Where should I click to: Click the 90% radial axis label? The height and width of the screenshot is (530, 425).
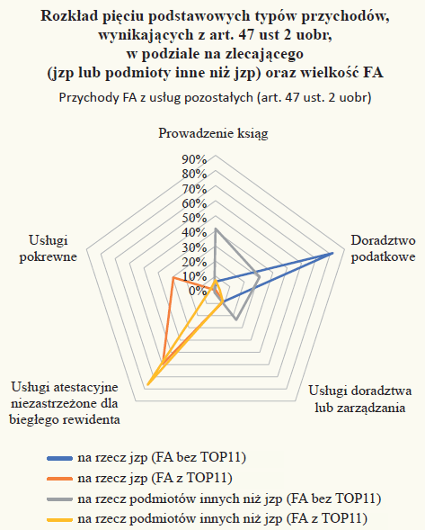click(194, 159)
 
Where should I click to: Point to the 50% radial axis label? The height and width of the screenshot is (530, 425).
click(194, 218)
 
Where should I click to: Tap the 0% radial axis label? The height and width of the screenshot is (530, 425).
click(197, 291)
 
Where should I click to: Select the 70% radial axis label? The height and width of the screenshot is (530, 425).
click(194, 189)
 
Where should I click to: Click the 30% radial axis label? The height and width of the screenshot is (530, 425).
click(194, 247)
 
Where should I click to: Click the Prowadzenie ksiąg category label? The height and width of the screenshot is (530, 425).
click(213, 134)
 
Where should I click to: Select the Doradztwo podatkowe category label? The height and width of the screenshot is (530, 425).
click(383, 248)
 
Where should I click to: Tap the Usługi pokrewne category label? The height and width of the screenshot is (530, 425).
click(49, 248)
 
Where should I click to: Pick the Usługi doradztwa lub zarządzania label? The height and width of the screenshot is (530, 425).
click(360, 400)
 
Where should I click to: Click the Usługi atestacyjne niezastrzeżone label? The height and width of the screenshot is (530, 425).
click(65, 403)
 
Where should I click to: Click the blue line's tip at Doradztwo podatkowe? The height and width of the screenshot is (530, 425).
click(332, 253)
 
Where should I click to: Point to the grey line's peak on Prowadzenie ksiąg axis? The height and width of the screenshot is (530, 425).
click(216, 229)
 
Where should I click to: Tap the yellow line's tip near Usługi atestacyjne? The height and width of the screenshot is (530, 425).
click(148, 384)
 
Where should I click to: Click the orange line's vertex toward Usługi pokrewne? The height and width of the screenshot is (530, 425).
click(173, 277)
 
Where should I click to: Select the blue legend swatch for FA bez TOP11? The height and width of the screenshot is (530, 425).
click(59, 458)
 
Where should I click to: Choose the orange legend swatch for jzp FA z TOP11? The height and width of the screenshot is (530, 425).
click(59, 479)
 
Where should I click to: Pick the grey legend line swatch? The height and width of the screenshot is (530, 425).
click(59, 499)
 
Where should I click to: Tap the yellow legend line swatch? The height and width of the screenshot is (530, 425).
click(59, 519)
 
